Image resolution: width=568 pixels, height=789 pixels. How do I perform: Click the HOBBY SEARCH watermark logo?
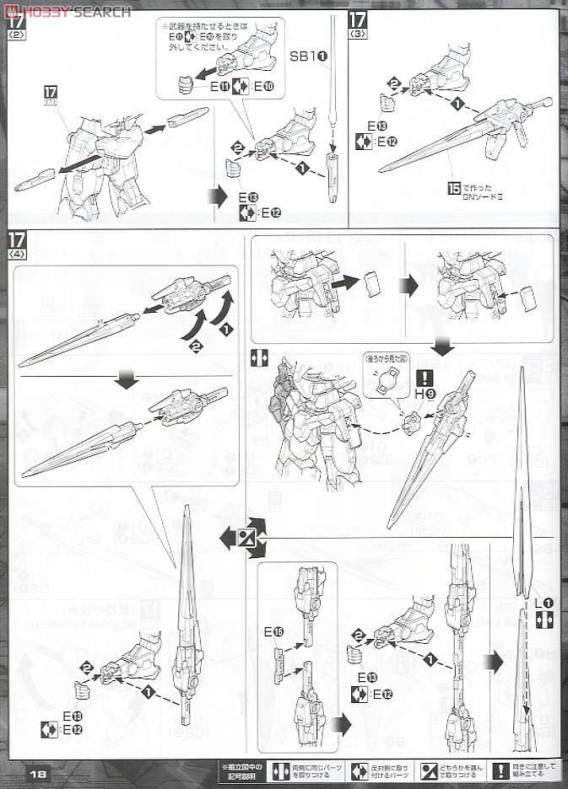pyautogui.click(x=69, y=11)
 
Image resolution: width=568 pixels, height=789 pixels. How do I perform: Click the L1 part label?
pyautogui.click(x=544, y=603)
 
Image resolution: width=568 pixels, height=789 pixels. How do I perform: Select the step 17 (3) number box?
pyautogui.click(x=359, y=20)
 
